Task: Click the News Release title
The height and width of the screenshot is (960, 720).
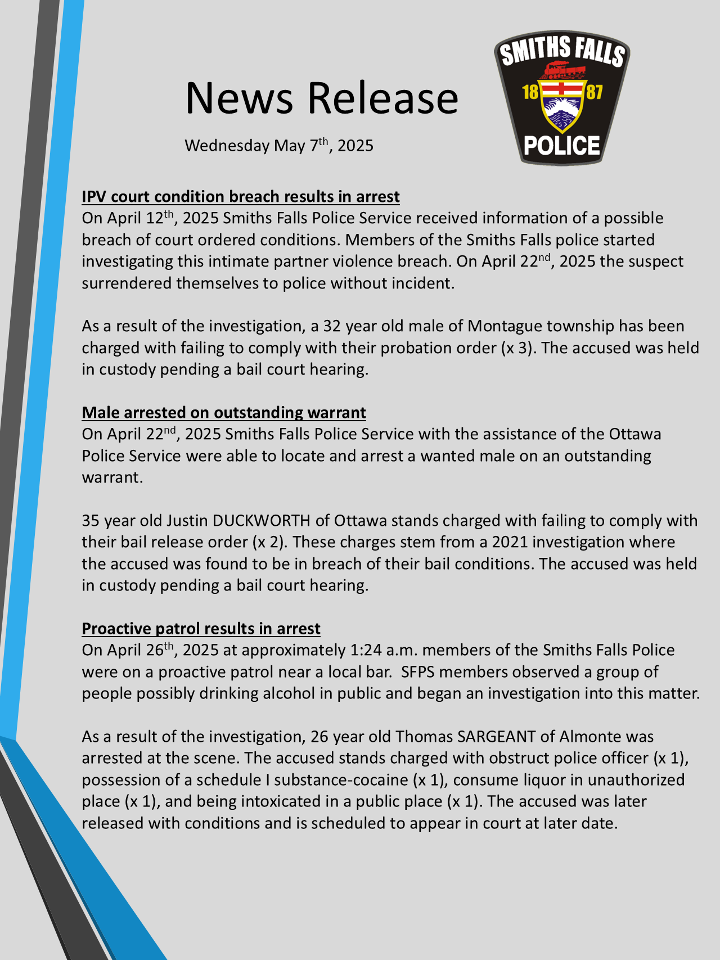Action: (x=322, y=98)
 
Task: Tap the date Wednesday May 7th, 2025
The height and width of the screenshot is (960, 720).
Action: (x=279, y=146)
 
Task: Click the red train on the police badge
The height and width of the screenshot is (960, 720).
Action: (x=562, y=69)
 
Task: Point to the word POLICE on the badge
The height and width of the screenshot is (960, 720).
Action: (x=562, y=146)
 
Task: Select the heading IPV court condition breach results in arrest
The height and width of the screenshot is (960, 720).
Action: (x=241, y=197)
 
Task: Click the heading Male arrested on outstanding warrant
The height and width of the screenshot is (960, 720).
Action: (x=224, y=413)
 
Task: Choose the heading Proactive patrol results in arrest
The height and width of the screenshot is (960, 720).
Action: (x=201, y=629)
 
